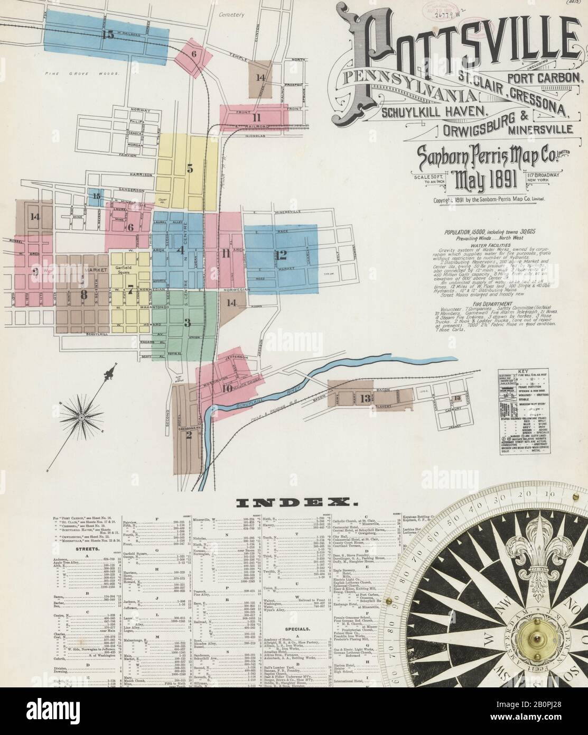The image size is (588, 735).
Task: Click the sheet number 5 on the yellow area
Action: pyautogui.click(x=190, y=170)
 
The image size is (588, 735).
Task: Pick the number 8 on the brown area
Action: pyautogui.click(x=83, y=295)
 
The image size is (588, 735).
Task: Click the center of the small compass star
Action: pyautogui.click(x=82, y=418)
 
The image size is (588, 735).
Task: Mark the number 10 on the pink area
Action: pyautogui.click(x=227, y=388)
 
